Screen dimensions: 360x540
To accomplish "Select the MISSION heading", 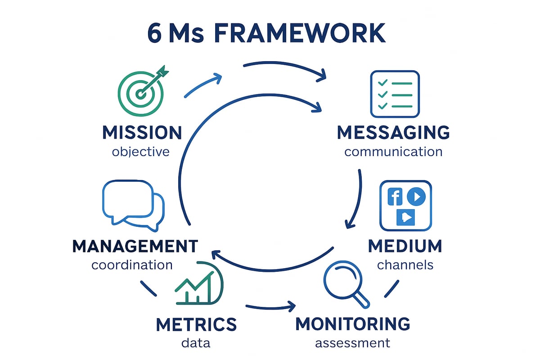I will (142, 133).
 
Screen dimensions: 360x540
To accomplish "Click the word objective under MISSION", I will (140, 151).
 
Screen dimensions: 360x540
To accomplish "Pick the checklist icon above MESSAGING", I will (394, 94).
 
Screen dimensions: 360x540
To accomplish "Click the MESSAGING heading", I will (393, 133).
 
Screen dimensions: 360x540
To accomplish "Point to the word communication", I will (393, 151).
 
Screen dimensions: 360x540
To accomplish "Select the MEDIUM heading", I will (405, 246).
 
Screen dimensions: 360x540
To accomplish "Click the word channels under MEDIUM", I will (405, 265).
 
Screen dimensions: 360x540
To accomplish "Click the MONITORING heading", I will (353, 324).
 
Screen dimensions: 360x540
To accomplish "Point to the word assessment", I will (352, 343).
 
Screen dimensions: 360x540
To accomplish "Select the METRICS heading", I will (196, 324).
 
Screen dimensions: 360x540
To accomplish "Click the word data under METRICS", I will (196, 343).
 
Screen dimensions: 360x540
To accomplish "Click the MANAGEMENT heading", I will (135, 246).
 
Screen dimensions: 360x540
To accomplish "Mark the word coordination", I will (132, 265).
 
